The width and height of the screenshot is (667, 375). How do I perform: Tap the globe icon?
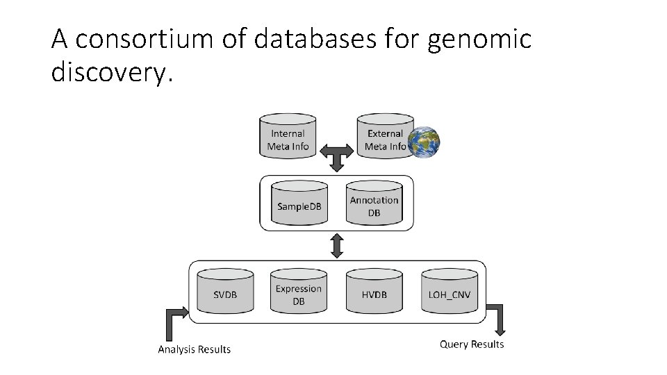point(423,142)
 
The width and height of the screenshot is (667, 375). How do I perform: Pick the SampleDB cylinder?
point(299,203)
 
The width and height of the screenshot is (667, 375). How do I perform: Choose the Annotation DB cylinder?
point(374,203)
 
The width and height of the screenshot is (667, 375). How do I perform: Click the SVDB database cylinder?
point(224,292)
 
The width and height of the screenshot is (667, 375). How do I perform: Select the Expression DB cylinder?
point(299,292)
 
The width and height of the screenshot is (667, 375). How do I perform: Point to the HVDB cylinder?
point(374,292)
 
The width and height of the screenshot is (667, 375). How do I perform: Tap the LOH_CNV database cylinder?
point(449,292)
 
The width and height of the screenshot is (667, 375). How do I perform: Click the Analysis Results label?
point(194,349)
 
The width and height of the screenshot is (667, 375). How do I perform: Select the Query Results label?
point(472,344)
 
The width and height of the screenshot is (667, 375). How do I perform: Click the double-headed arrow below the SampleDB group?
point(337,246)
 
